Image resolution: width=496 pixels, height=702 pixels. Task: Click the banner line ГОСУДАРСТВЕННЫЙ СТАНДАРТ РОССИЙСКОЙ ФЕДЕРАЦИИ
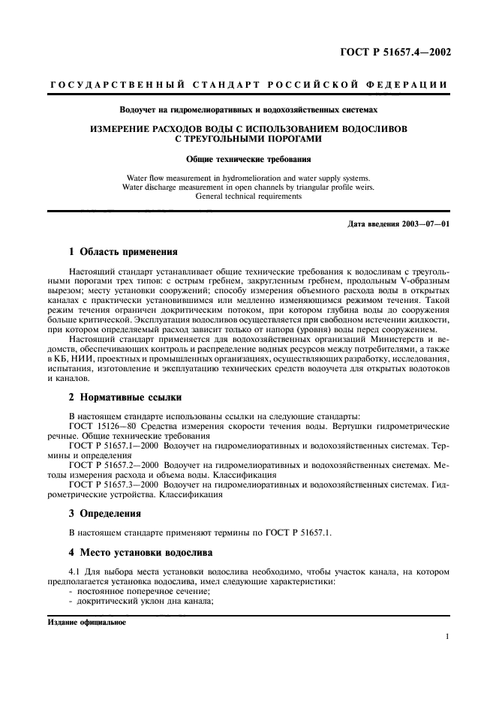coord(248,85)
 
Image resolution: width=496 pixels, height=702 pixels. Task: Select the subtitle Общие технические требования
coord(248,159)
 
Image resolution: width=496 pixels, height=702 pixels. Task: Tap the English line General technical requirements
coord(248,196)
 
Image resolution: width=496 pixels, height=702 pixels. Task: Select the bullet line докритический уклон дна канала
coord(135,601)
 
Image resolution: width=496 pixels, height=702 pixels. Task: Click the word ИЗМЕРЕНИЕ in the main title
coord(125,129)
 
